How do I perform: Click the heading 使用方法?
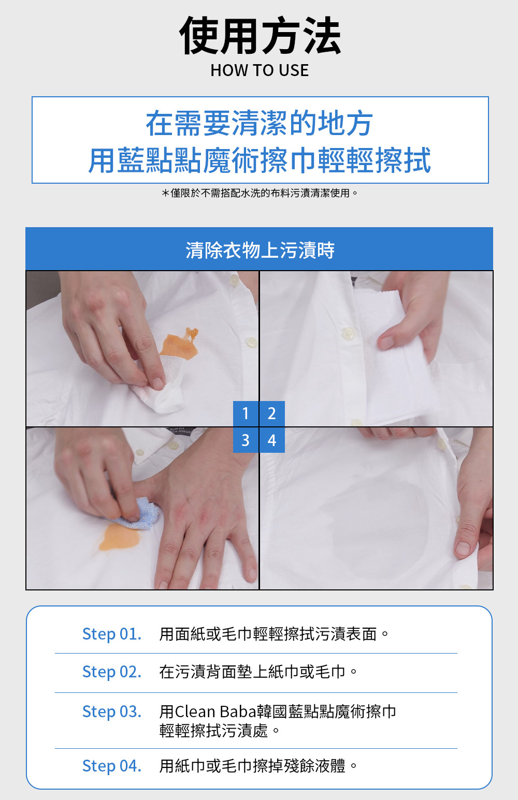260,36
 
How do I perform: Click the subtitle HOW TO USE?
260,70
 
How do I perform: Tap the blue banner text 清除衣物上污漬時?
260,250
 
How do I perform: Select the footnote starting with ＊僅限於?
260,193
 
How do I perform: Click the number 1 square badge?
246,413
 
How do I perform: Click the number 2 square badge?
272,413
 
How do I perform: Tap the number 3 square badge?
246,440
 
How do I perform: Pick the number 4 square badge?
272,440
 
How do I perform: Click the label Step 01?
112,634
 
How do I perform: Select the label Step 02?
112,672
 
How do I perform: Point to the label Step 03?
112,712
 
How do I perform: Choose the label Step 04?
112,766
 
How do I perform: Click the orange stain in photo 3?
119,537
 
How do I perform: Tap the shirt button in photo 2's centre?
347,334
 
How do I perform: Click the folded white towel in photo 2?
393,357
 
